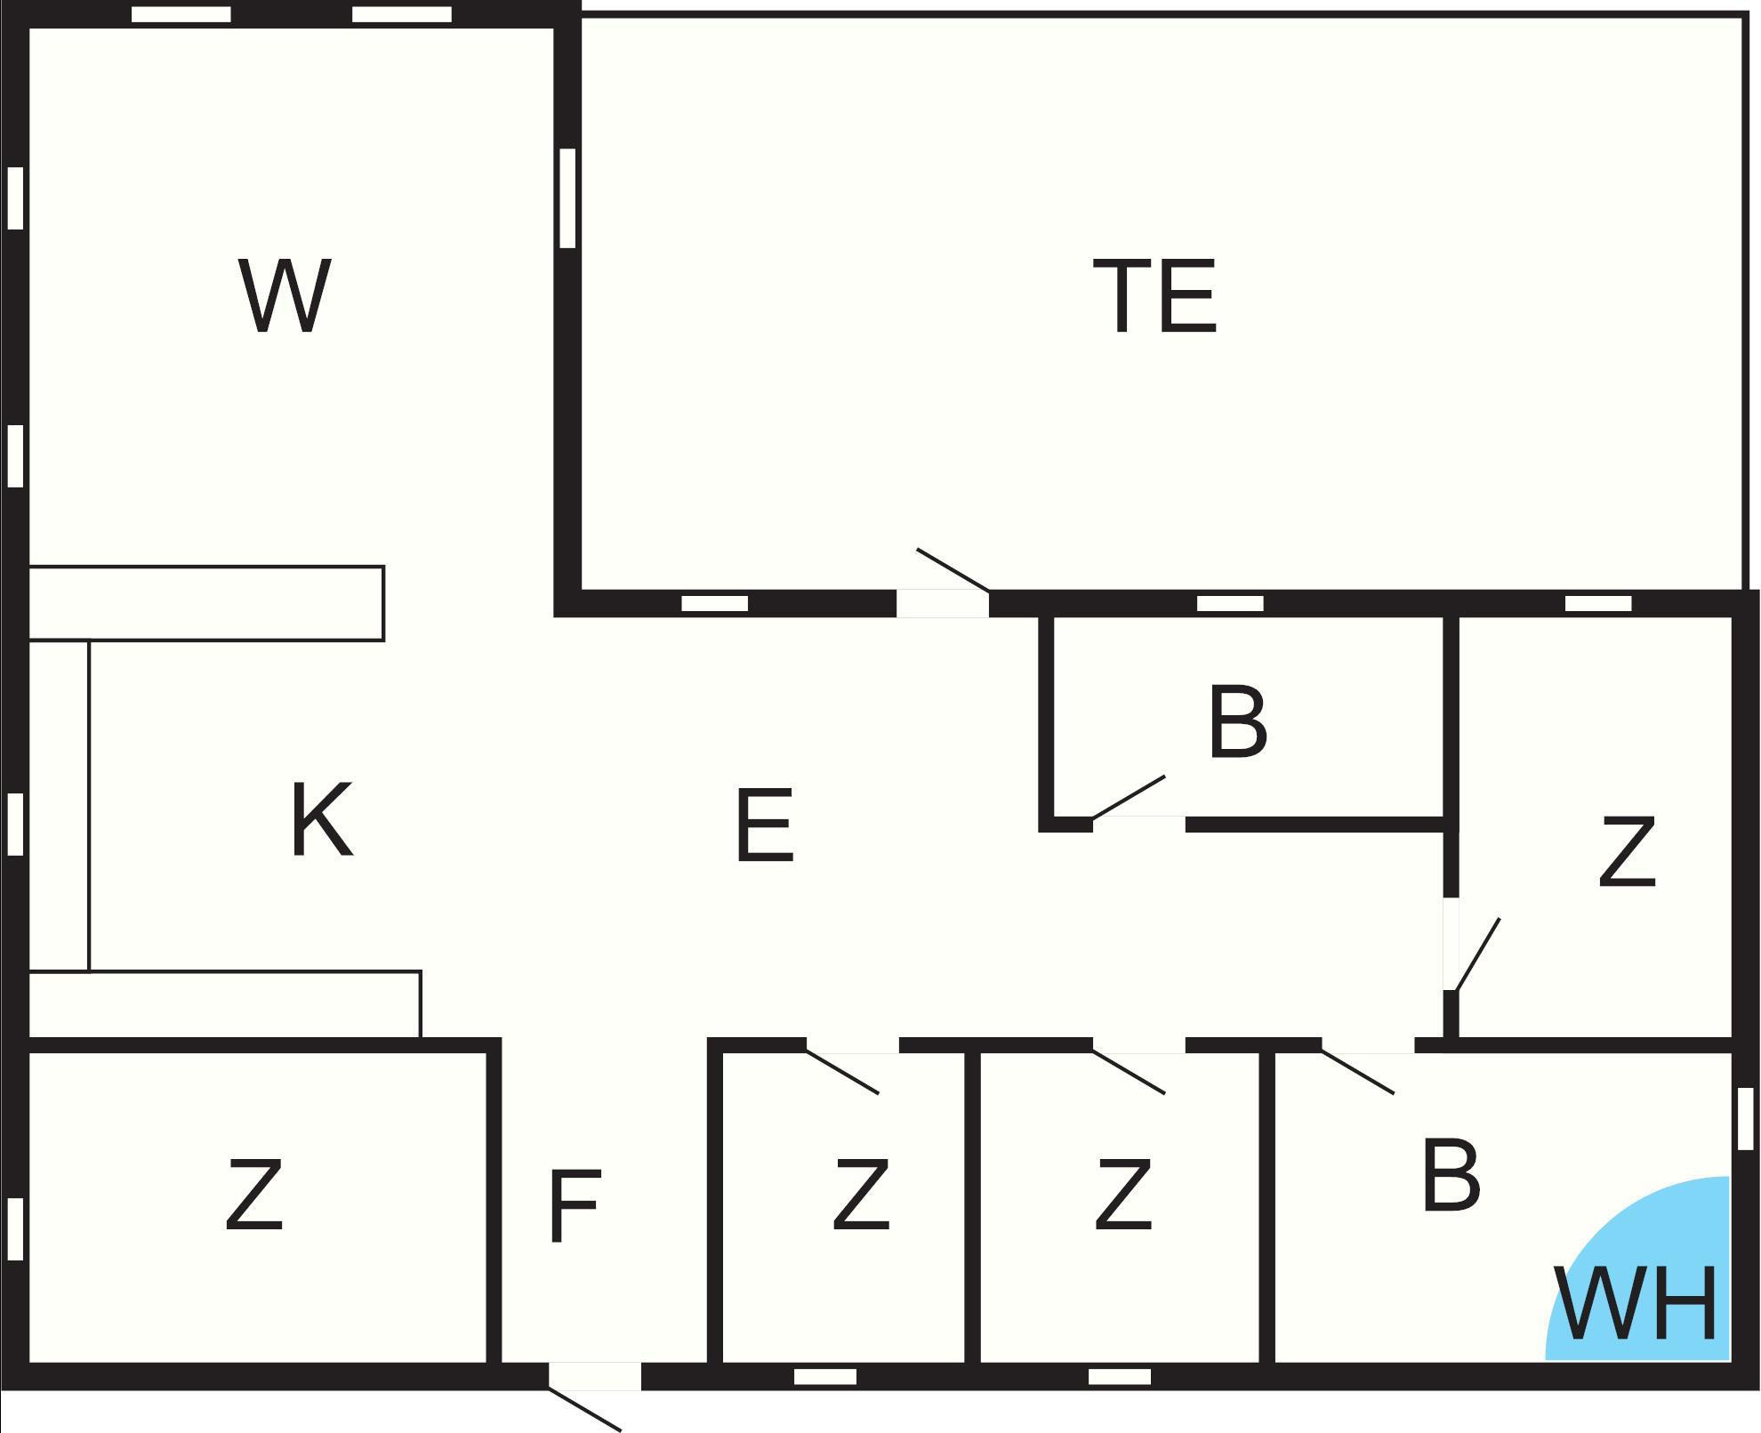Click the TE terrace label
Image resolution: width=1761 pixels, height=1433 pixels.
click(x=1154, y=296)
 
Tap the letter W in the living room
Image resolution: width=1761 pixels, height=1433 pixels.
click(x=285, y=296)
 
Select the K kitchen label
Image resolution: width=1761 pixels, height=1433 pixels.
click(x=322, y=819)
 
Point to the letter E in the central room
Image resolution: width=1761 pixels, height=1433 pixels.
click(x=764, y=825)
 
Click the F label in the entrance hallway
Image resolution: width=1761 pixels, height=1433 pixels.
click(x=575, y=1205)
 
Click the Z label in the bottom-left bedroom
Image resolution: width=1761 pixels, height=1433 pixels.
click(x=254, y=1194)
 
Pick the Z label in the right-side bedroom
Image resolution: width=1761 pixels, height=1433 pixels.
click(x=1627, y=851)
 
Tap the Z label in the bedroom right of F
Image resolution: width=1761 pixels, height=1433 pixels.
click(x=860, y=1194)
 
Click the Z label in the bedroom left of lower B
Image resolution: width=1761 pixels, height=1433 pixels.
click(x=1122, y=1194)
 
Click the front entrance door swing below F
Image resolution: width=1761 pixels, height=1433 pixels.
click(x=584, y=1408)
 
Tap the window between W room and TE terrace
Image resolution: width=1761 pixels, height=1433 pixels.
click(x=567, y=197)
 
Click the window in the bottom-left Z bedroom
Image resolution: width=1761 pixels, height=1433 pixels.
click(x=14, y=1228)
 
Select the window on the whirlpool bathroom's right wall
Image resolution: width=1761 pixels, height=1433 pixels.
click(x=1745, y=1118)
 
